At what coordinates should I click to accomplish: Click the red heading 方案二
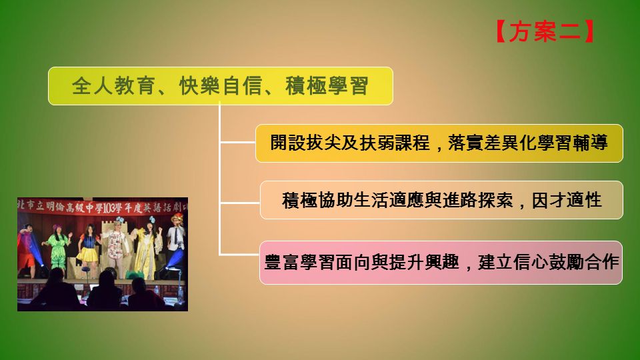[545, 31]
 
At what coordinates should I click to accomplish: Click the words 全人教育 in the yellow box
[113, 86]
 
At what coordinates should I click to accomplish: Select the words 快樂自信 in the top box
[221, 86]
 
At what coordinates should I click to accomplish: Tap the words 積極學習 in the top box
[327, 86]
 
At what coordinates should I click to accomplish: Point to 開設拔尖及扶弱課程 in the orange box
[350, 143]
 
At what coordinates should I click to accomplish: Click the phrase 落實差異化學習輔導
[528, 143]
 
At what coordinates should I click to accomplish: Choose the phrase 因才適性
[567, 201]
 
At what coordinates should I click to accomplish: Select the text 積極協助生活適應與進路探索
[397, 201]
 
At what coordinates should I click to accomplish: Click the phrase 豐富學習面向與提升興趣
[362, 262]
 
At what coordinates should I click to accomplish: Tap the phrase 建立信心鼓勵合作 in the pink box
[549, 262]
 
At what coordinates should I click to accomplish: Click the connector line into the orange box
[237, 143]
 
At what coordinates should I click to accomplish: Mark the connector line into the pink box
[239, 255]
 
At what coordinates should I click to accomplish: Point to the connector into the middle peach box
[240, 202]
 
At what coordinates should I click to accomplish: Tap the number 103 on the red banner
[109, 208]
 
